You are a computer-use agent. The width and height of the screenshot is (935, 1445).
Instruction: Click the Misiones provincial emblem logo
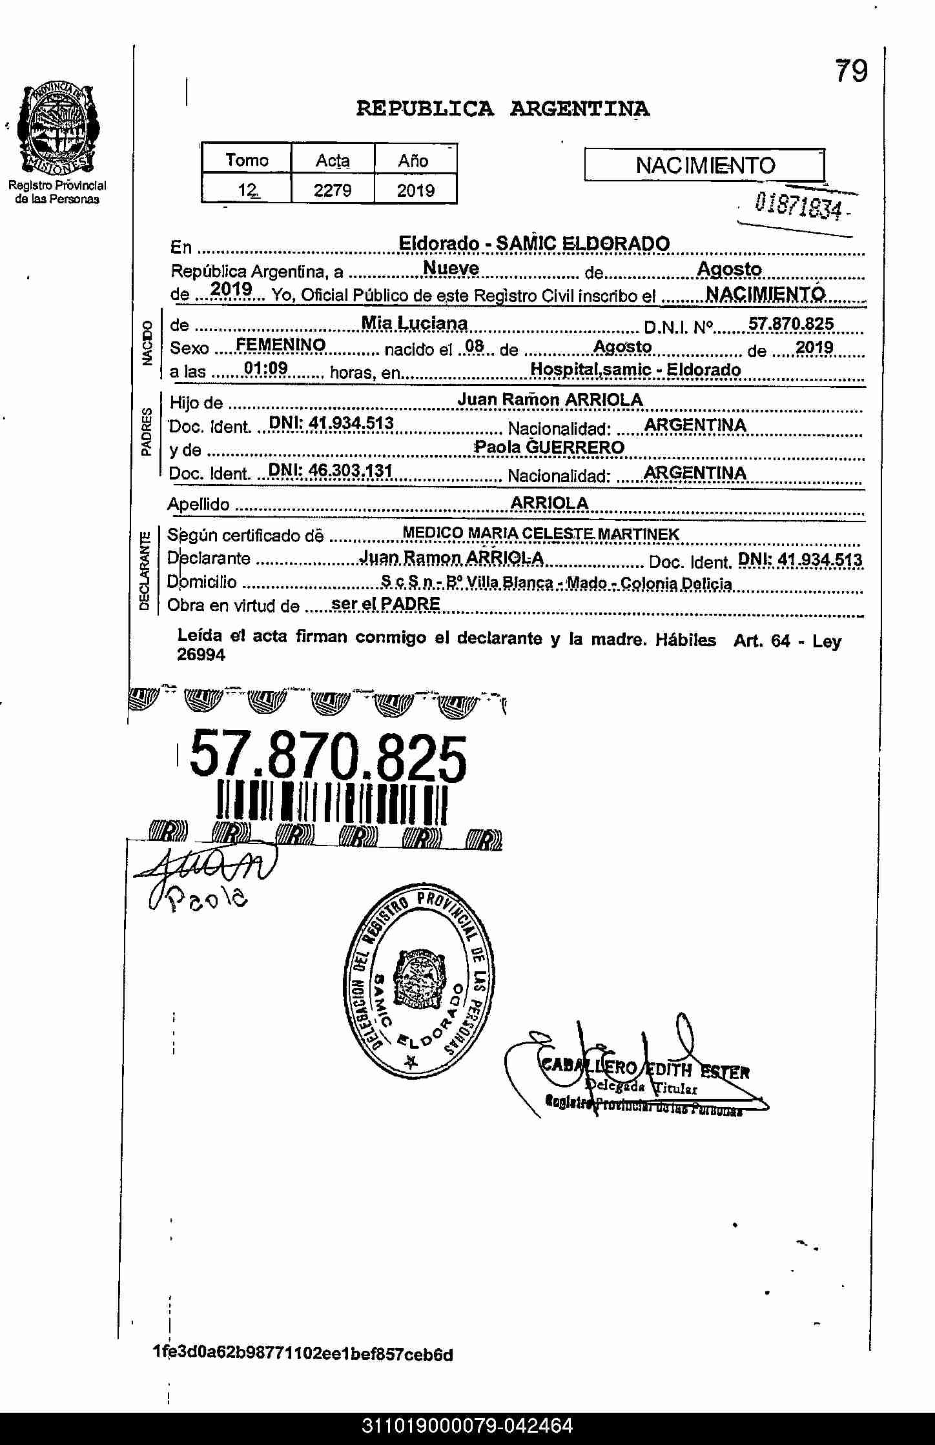coord(57,128)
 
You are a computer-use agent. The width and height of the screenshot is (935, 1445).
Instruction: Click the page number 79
coord(852,71)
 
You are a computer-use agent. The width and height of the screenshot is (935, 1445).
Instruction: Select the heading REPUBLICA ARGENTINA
coord(502,108)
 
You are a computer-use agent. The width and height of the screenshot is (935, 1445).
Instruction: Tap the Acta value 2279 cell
coord(333,190)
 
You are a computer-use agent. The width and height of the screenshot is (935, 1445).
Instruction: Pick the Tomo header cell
coord(247,160)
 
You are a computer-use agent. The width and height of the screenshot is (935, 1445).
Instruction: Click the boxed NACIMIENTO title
coord(704,166)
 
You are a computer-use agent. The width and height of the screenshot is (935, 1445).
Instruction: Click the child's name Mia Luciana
coord(414,323)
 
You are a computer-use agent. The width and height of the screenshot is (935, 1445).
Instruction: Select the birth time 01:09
coord(265,369)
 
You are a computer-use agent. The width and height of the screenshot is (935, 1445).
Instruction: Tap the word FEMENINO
coord(280,345)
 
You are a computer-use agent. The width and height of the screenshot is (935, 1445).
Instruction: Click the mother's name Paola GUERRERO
coord(550,447)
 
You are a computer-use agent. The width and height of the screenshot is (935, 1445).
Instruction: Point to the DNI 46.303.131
coord(330,471)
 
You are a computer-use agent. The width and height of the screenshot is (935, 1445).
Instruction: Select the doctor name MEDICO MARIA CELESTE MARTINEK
coord(540,534)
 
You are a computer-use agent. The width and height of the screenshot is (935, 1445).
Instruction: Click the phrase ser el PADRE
coord(385,604)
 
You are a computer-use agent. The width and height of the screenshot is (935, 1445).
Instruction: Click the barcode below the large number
coord(332,803)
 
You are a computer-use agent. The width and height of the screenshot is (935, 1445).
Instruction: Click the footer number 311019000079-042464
coord(467,1426)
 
